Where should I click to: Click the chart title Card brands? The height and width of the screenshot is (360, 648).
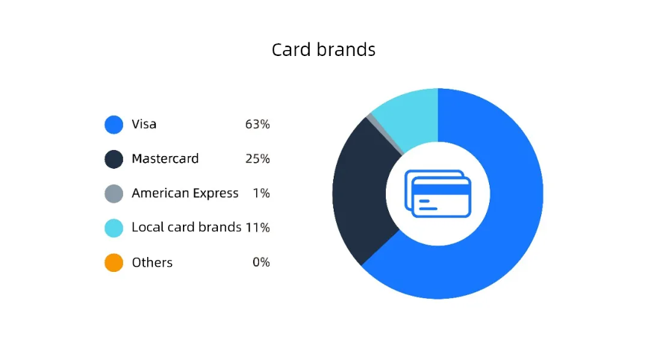tap(323, 50)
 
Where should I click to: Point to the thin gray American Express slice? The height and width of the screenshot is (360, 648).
tap(384, 134)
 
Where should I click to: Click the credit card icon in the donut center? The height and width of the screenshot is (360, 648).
tap(438, 193)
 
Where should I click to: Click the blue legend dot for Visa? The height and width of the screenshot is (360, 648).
tap(113, 125)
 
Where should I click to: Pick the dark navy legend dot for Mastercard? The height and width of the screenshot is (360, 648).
tap(113, 159)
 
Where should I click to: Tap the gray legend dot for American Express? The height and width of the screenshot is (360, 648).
tap(113, 193)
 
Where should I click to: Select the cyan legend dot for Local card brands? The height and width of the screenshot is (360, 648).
tap(113, 228)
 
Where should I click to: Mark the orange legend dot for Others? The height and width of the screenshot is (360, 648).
tap(113, 262)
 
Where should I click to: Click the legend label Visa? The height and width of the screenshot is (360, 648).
tap(144, 124)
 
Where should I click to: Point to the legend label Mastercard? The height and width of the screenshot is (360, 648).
tap(165, 159)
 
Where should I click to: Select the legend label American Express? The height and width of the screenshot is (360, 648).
tap(185, 193)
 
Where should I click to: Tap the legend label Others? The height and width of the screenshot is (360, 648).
tap(152, 262)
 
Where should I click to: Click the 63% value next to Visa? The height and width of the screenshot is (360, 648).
tap(258, 125)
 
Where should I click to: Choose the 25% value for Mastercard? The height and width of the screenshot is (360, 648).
tap(258, 159)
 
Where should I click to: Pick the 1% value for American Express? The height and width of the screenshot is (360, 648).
tap(261, 193)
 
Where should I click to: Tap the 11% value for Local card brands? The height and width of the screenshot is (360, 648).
tap(258, 228)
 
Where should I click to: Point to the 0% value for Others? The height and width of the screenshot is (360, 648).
tap(261, 262)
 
